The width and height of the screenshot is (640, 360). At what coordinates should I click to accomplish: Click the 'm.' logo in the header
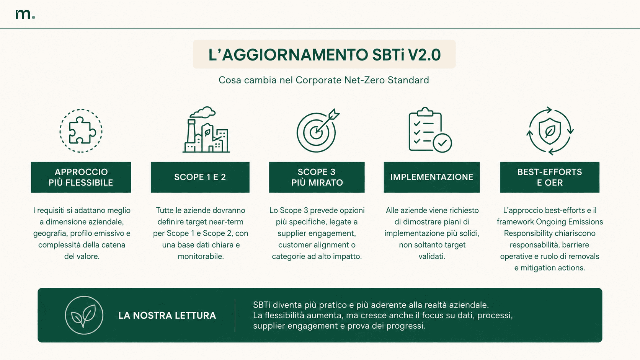(25, 14)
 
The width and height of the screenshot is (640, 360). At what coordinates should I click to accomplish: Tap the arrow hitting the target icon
(327, 121)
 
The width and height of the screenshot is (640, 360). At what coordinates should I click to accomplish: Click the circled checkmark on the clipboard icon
(442, 143)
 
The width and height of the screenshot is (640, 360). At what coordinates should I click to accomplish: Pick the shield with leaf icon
(550, 131)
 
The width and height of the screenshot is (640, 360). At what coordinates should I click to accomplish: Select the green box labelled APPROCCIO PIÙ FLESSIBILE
(81, 177)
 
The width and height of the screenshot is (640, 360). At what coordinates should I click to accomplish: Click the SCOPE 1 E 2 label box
(200, 177)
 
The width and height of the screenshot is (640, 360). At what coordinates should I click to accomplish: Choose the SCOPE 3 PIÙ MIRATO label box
(317, 177)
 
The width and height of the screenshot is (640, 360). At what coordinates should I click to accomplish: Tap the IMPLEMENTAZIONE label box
(432, 177)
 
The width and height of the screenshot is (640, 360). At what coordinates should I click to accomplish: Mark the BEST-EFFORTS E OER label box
(550, 177)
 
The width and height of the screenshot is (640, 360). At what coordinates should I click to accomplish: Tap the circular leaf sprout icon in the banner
(84, 315)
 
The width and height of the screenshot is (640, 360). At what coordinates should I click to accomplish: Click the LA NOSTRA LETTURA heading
(167, 316)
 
